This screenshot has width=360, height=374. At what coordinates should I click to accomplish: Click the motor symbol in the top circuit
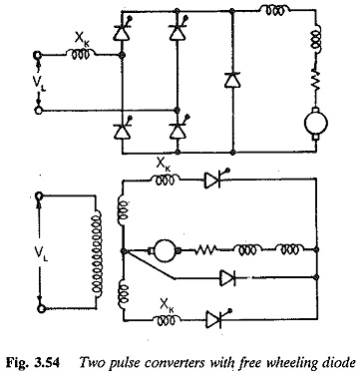[x=316, y=123]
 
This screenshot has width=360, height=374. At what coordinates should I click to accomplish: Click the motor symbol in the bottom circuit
[x=165, y=250]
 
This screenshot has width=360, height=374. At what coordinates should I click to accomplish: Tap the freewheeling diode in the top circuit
[x=232, y=80]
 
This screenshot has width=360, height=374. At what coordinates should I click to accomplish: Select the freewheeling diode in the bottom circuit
[x=228, y=277]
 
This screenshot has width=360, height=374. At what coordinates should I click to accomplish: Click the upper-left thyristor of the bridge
[x=122, y=31]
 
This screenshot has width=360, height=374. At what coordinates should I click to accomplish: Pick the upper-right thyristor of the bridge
[x=178, y=31]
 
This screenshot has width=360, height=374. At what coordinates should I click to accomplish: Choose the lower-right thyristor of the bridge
[x=178, y=129]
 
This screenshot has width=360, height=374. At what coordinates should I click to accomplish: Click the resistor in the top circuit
[x=316, y=79]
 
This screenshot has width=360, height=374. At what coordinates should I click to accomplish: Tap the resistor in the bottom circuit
[x=205, y=249]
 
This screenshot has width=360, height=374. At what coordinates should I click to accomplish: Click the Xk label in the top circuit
[x=82, y=40]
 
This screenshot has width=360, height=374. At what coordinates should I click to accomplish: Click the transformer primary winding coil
[x=98, y=252]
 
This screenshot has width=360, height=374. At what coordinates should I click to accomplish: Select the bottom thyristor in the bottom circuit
[x=216, y=319]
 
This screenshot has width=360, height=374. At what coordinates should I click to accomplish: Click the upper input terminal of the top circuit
[x=37, y=55]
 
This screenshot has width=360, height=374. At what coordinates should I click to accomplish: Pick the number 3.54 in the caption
[x=47, y=362]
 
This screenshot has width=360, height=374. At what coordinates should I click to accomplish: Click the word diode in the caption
[x=337, y=362]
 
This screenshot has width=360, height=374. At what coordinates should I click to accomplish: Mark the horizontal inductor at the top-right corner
[x=274, y=10]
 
